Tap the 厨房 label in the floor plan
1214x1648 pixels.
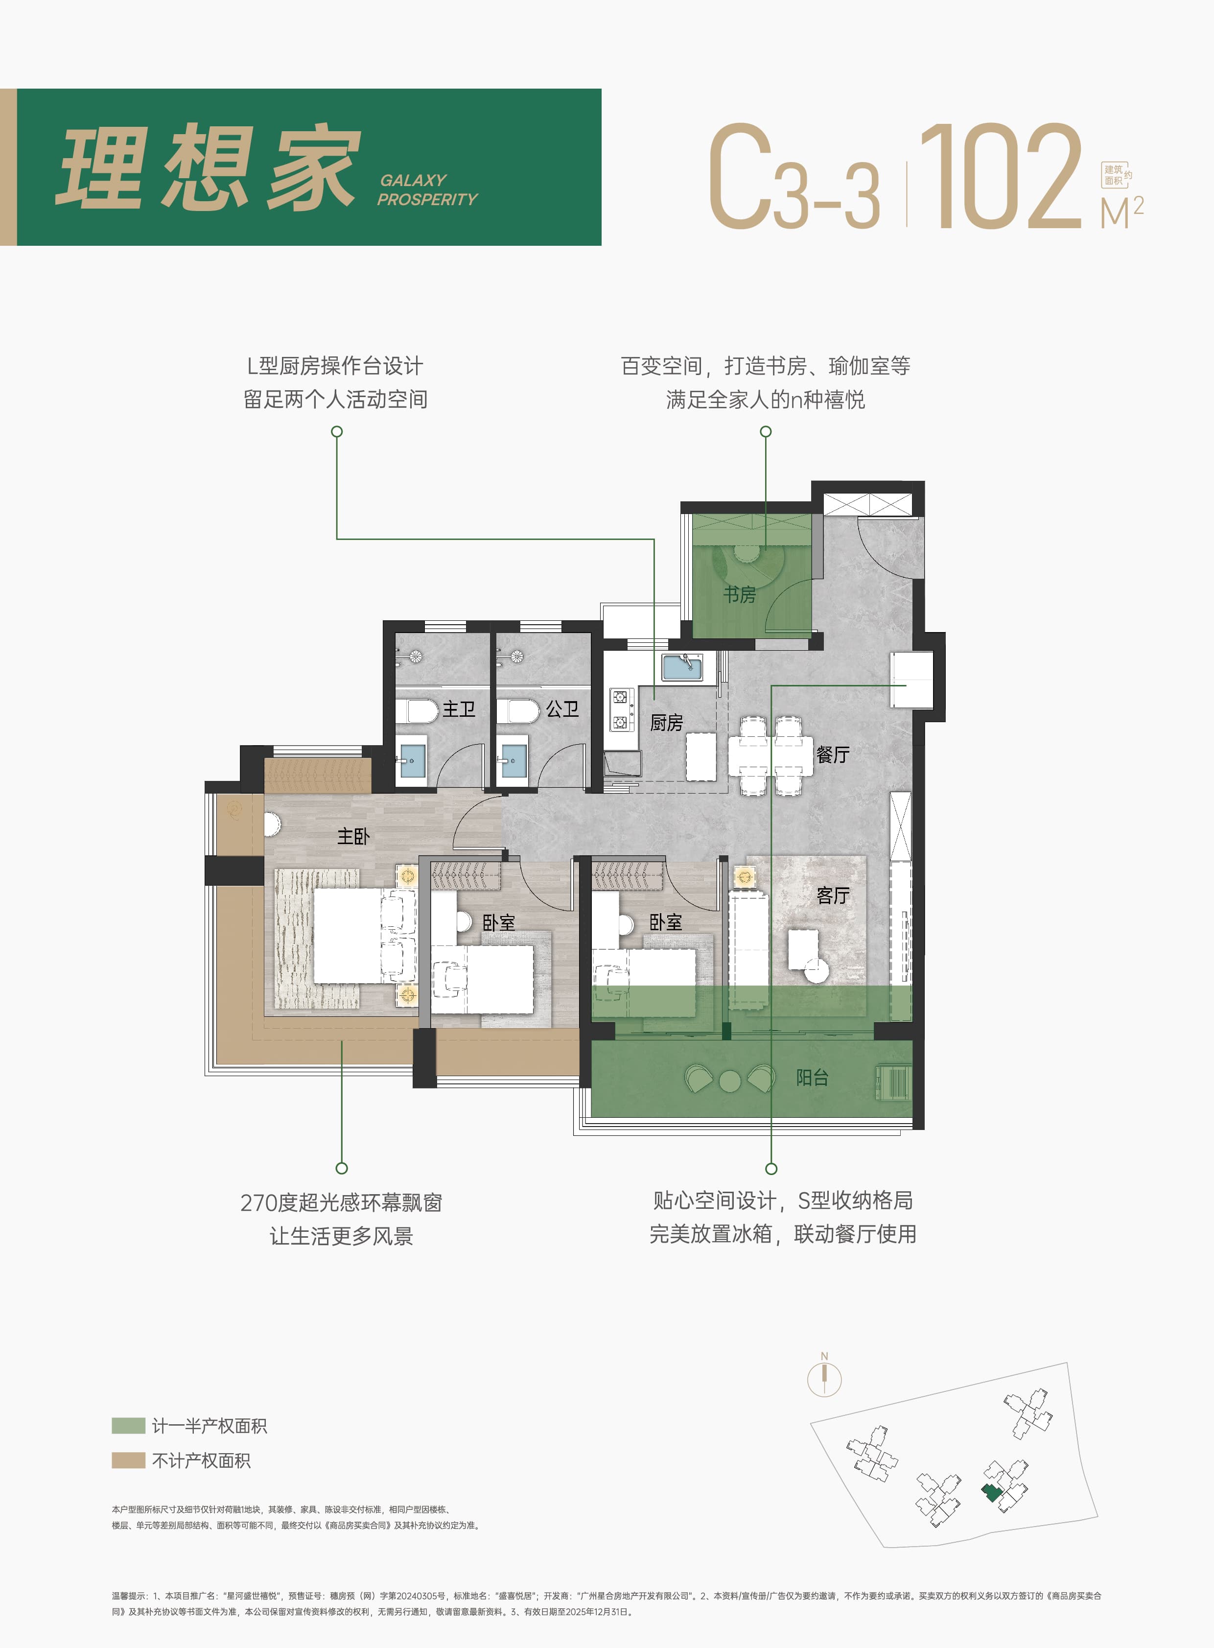[667, 723]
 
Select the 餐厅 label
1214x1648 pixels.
[833, 754]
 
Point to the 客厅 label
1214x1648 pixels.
[833, 895]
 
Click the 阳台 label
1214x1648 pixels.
[812, 1078]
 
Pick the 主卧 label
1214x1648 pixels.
[353, 836]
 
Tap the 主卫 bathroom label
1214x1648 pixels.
[459, 708]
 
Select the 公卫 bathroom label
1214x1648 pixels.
[562, 708]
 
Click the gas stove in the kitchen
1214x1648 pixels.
[622, 709]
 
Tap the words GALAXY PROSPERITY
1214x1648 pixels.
[427, 189]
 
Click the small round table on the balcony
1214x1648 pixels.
[730, 1081]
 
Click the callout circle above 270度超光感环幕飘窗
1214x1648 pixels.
[342, 1168]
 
